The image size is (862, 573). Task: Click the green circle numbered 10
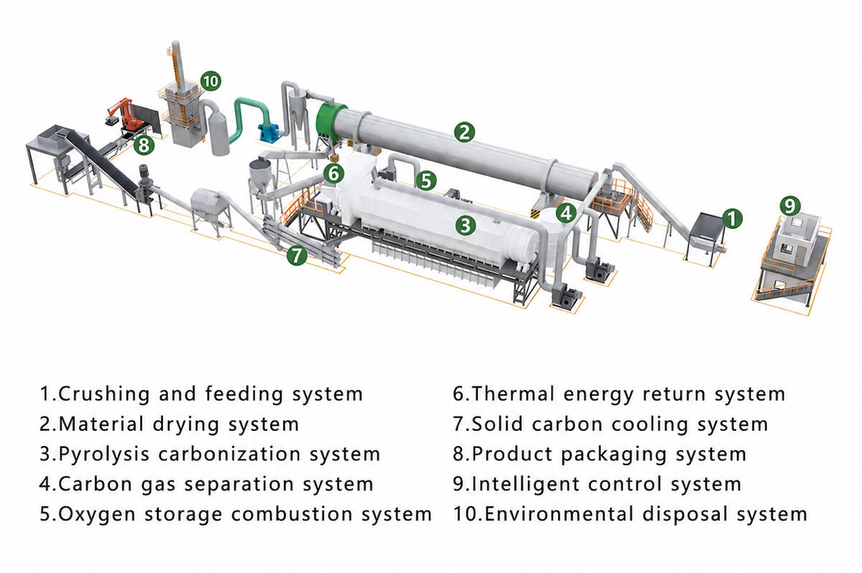click(210, 81)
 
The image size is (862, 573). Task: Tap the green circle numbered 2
click(465, 132)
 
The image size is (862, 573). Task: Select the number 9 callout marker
click(790, 206)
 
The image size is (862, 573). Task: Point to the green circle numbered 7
click(297, 255)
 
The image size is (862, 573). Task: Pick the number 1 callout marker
click(732, 218)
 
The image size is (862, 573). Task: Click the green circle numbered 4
click(566, 213)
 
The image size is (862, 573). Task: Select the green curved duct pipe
click(249, 118)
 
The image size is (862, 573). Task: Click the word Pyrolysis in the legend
click(103, 455)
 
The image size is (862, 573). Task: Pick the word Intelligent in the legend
click(525, 485)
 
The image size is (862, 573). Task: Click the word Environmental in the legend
click(559, 514)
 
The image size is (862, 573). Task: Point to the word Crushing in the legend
click(104, 394)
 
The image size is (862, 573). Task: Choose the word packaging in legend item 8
click(613, 455)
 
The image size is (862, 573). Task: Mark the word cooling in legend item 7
click(649, 424)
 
